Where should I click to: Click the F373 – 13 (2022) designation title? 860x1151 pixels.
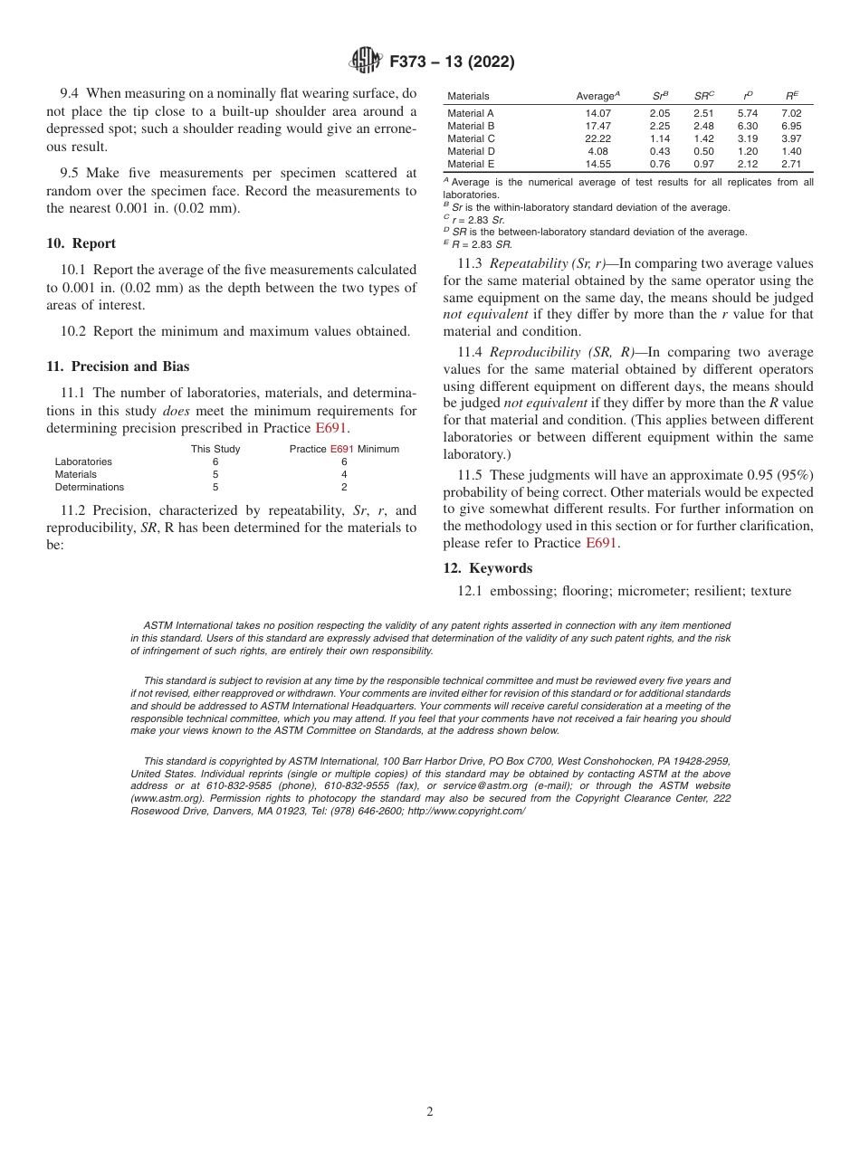(452, 62)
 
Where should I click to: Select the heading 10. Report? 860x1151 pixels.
(81, 243)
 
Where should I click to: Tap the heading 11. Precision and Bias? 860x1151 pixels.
(118, 366)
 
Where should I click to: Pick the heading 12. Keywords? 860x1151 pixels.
(487, 568)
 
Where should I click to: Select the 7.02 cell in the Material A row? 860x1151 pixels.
(791, 113)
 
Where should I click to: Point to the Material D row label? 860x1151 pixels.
(471, 151)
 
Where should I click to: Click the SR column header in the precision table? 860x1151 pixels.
(703, 96)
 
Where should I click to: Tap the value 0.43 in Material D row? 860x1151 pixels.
(660, 151)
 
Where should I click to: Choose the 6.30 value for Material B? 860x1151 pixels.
(748, 126)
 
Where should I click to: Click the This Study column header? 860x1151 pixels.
(215, 449)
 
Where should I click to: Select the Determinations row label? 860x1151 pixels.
(89, 487)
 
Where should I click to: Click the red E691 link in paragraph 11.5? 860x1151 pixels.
(601, 543)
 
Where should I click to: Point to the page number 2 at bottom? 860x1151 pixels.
(430, 1112)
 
